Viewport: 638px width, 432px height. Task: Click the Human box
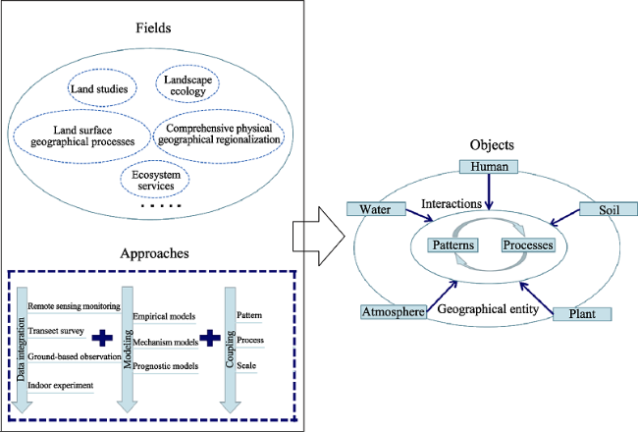point(489,167)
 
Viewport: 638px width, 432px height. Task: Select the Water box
point(376,209)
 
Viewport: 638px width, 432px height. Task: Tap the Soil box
point(609,209)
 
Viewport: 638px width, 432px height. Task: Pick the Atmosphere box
point(394,312)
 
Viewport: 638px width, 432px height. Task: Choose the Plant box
point(582,314)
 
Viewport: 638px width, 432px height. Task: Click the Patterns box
point(452,245)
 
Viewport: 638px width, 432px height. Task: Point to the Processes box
point(528,245)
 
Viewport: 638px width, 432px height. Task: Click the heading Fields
point(153,27)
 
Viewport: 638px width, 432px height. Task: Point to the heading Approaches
point(154,253)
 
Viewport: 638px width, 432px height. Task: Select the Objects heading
point(492,145)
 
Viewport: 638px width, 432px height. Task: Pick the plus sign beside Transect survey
point(102,338)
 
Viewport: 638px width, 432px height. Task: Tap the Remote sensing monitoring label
point(74,306)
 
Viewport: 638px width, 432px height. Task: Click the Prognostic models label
point(166,366)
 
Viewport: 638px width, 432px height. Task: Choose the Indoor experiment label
point(61,385)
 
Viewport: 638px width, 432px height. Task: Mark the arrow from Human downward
point(489,191)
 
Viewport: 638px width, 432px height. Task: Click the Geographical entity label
point(488,309)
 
